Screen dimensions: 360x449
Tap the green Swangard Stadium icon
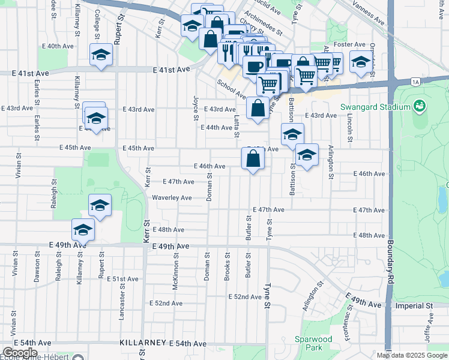(x=420, y=107)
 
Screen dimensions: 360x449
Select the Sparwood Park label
(x=313, y=343)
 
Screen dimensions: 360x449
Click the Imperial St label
(x=415, y=305)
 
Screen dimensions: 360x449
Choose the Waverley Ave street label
(x=172, y=197)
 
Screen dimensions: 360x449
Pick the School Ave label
(x=232, y=90)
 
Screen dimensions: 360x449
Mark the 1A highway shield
(x=415, y=81)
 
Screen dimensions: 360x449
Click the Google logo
(x=20, y=352)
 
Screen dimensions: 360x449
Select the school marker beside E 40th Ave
(x=101, y=55)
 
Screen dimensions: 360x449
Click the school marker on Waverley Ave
(x=100, y=206)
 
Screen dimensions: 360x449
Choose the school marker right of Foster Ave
(x=361, y=63)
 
